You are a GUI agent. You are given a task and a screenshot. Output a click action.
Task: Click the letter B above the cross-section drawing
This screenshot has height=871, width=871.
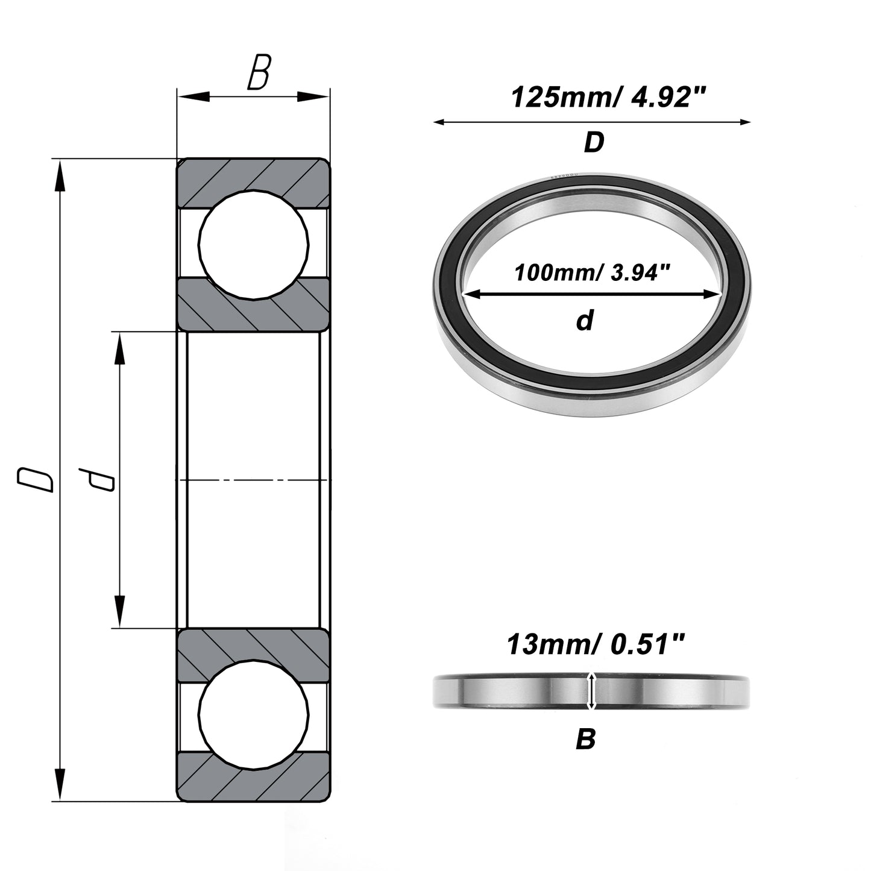[x=259, y=72]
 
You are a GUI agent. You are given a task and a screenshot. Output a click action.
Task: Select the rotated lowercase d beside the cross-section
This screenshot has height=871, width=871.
[x=96, y=479]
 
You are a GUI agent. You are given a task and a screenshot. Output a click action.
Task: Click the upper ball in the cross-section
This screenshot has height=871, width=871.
[x=254, y=245]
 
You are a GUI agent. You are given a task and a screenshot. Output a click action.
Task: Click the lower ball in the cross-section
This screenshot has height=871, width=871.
[x=254, y=715]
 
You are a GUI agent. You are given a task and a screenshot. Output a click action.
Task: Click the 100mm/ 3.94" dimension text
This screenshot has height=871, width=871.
[x=592, y=272]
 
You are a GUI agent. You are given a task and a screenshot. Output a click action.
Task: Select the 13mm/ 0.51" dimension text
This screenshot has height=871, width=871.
[x=596, y=644]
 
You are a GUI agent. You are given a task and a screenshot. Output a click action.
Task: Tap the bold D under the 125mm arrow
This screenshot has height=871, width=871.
[x=594, y=142]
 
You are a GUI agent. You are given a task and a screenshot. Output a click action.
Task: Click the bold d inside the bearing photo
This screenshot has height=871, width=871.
[x=585, y=321]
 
